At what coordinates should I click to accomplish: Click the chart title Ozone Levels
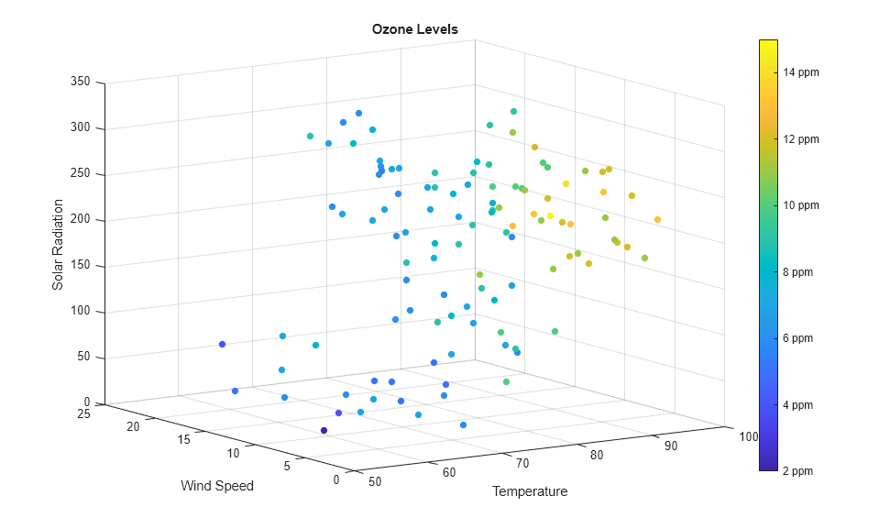pyautogui.click(x=414, y=29)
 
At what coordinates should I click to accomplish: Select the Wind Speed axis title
pyautogui.click(x=216, y=485)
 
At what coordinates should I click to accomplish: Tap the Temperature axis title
pyautogui.click(x=530, y=491)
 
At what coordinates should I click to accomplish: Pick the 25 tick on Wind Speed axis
pyautogui.click(x=83, y=413)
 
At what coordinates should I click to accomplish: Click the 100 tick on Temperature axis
pyautogui.click(x=749, y=436)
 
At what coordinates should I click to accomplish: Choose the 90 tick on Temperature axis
pyautogui.click(x=671, y=446)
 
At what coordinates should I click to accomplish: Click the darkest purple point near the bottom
pyautogui.click(x=324, y=430)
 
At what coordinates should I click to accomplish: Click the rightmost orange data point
pyautogui.click(x=657, y=219)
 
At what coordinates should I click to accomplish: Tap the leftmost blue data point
pyautogui.click(x=222, y=344)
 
